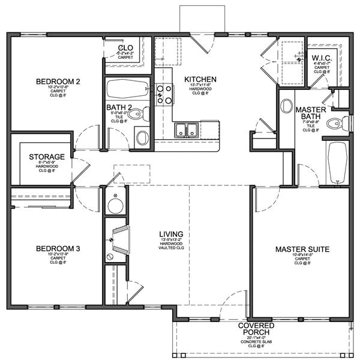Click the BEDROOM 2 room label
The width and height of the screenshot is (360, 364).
(x=58, y=81)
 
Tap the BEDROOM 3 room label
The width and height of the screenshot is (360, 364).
(x=58, y=248)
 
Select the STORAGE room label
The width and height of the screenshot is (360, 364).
(x=46, y=157)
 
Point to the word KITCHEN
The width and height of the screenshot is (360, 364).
(x=200, y=79)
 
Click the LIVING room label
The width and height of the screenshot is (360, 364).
(x=170, y=234)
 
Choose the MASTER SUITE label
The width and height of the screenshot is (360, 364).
(x=302, y=249)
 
